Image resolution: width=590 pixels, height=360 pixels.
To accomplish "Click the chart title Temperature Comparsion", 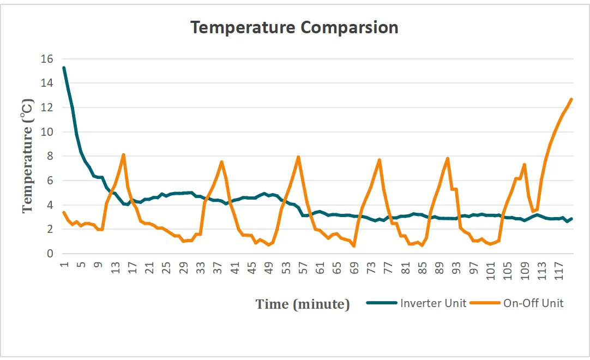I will click(294, 27).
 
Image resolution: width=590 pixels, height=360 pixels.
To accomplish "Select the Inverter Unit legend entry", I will click(433, 303).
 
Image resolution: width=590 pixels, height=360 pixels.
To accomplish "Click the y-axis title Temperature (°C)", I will click(28, 156).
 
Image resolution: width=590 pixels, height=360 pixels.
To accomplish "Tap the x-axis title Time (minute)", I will click(303, 304).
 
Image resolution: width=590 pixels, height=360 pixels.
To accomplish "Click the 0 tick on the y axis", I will click(50, 254).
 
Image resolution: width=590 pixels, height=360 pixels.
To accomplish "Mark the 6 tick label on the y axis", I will click(50, 181).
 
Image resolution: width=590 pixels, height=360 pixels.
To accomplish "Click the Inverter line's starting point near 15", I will click(64, 68).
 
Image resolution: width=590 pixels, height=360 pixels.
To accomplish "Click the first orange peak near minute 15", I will click(124, 155).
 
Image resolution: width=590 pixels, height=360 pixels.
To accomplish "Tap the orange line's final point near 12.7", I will click(571, 99).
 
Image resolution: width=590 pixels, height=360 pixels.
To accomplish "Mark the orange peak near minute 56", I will click(298, 157).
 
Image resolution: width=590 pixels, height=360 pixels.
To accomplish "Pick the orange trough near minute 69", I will click(354, 246).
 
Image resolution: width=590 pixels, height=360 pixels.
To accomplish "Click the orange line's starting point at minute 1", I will click(64, 212).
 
